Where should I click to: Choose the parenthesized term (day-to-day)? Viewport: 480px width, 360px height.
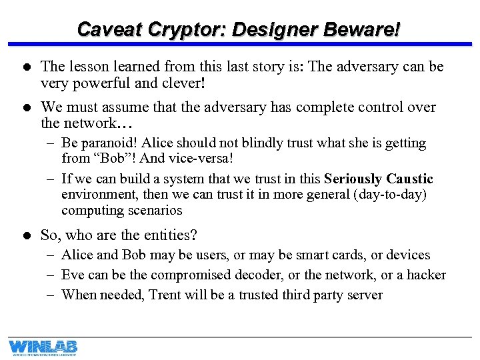click(391, 194)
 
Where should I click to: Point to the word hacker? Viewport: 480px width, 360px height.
click(426, 275)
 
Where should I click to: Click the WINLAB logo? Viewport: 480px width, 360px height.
click(43, 347)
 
